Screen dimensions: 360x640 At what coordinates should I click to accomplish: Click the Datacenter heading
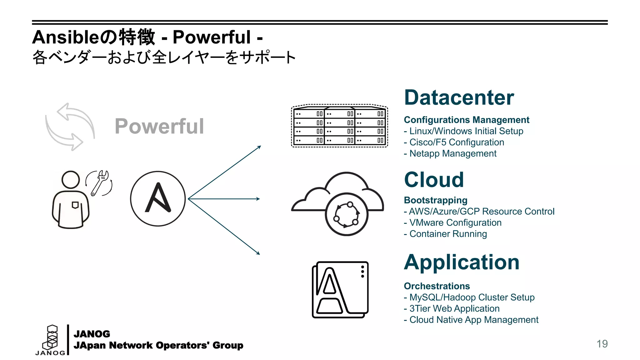click(x=459, y=97)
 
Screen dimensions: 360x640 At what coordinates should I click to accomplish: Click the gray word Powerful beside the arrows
click(x=159, y=126)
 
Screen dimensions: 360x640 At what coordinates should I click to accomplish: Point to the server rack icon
click(x=339, y=126)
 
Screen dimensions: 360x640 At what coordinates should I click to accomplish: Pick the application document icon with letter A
click(x=340, y=290)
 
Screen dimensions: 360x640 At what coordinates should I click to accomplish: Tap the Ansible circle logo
click(x=158, y=198)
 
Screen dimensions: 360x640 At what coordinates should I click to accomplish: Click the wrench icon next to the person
click(x=100, y=183)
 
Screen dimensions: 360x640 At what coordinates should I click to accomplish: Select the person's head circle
click(x=71, y=179)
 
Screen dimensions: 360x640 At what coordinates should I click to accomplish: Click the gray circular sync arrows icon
click(x=70, y=127)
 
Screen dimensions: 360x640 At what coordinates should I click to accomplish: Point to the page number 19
click(x=602, y=344)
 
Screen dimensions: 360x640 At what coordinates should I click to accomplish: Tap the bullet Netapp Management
click(x=450, y=153)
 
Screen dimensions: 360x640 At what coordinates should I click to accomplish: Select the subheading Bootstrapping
click(x=436, y=200)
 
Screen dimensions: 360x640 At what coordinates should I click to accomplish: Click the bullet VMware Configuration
click(x=452, y=222)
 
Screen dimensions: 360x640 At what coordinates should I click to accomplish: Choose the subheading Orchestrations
click(x=437, y=286)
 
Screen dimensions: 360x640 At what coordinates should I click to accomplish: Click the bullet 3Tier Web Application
click(x=452, y=308)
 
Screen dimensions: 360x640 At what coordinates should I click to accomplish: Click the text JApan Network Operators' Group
click(x=158, y=345)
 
